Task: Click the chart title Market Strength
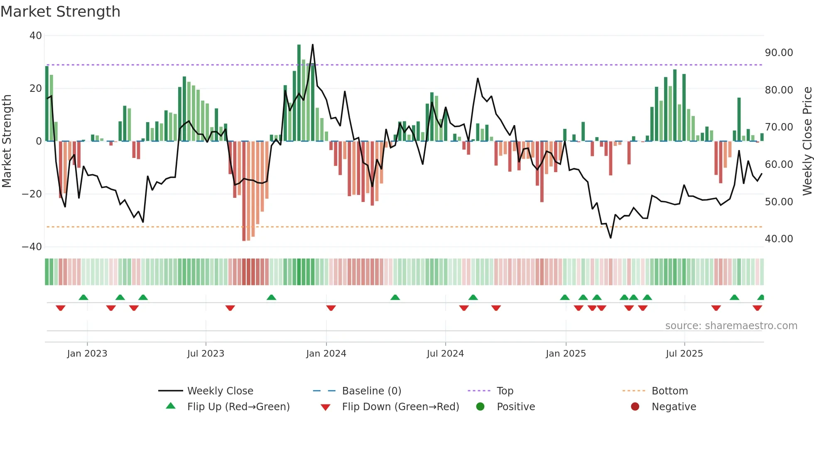(x=60, y=12)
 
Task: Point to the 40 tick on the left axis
(x=36, y=36)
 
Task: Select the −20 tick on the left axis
(x=32, y=194)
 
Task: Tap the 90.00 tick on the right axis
(x=779, y=53)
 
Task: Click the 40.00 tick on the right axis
(x=779, y=239)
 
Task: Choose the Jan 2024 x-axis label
(x=326, y=354)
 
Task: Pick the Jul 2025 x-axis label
(x=684, y=354)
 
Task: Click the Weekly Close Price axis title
(x=807, y=141)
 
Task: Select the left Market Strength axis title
(x=7, y=141)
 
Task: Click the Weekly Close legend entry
(x=220, y=391)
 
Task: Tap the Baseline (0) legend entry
(x=371, y=391)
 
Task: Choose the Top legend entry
(x=505, y=391)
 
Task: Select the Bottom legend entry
(x=669, y=391)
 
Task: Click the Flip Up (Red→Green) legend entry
(x=238, y=407)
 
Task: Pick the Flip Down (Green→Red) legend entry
(x=400, y=407)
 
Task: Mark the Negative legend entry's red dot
(x=635, y=407)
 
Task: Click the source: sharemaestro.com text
(x=731, y=326)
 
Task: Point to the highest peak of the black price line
(x=313, y=45)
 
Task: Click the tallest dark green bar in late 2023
(x=299, y=92)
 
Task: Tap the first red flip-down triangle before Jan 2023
(x=61, y=308)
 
